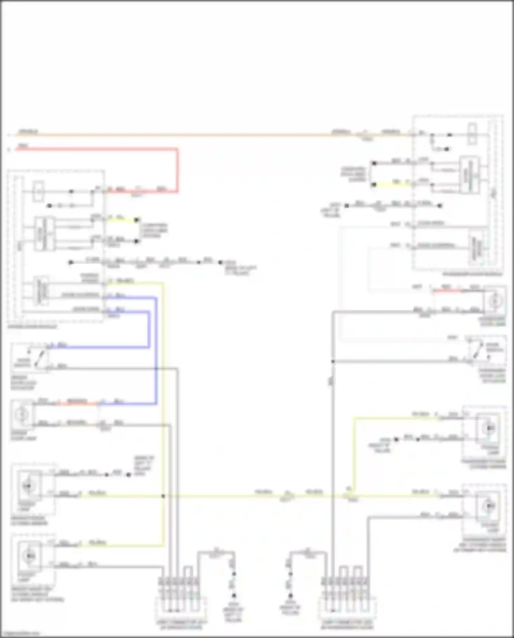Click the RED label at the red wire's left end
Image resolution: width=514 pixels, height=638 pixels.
(x=23, y=146)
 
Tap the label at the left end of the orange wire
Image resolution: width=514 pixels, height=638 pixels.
(x=28, y=131)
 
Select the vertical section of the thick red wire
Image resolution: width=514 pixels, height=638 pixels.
(x=177, y=170)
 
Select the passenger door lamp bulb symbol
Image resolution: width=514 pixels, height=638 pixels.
(x=494, y=301)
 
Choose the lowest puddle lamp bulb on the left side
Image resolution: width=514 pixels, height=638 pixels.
(x=29, y=555)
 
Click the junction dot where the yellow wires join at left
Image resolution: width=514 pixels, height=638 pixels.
(x=163, y=496)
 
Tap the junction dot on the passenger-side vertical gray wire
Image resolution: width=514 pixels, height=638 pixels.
(x=333, y=361)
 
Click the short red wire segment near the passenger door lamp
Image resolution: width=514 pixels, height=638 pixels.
(x=447, y=291)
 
